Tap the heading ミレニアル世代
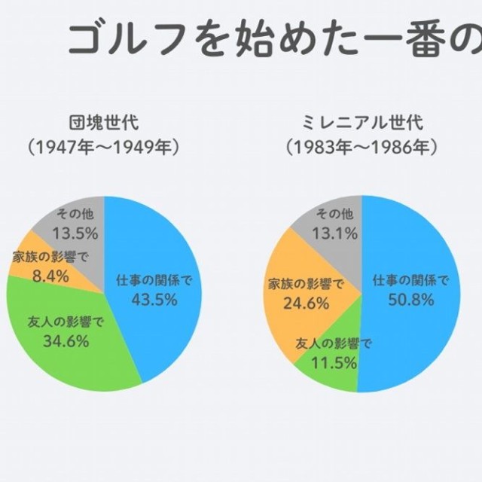362,123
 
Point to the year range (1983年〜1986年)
362,147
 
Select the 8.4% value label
50,276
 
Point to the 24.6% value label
306,304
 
